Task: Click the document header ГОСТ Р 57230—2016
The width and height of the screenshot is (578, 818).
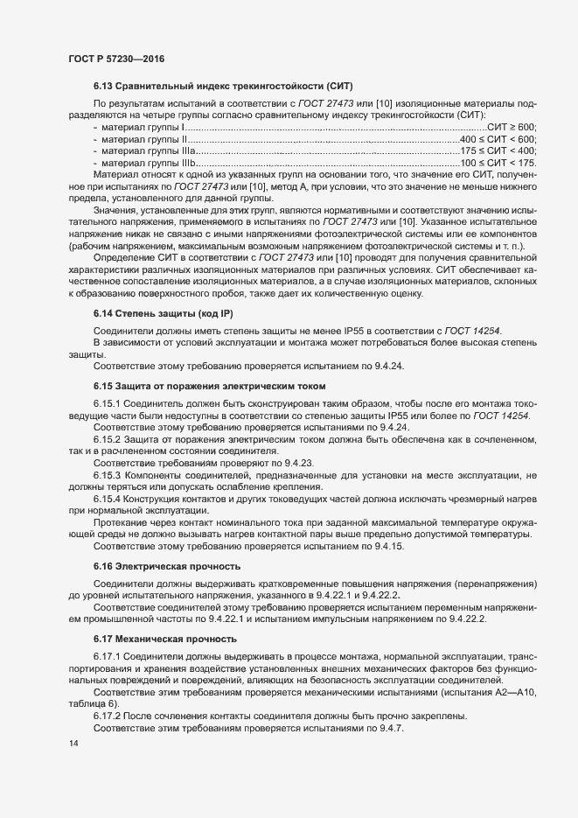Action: pyautogui.click(x=116, y=58)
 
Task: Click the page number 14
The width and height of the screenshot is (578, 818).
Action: pyautogui.click(x=73, y=768)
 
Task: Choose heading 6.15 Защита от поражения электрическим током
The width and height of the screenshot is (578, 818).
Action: pyautogui.click(x=209, y=386)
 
